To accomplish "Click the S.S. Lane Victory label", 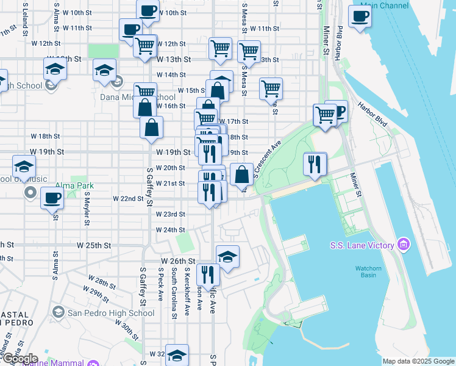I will (363, 245).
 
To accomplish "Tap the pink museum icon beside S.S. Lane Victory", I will (402, 245).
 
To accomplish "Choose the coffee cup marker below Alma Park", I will (52, 199).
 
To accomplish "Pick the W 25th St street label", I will (94, 245).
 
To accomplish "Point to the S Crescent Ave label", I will (267, 159).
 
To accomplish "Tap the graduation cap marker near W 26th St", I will (227, 257).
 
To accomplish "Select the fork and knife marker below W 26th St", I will (208, 275).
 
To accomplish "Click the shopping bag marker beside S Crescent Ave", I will (242, 174).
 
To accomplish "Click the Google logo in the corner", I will (20, 359).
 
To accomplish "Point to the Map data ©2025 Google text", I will (418, 361).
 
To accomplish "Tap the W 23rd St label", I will (170, 214).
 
